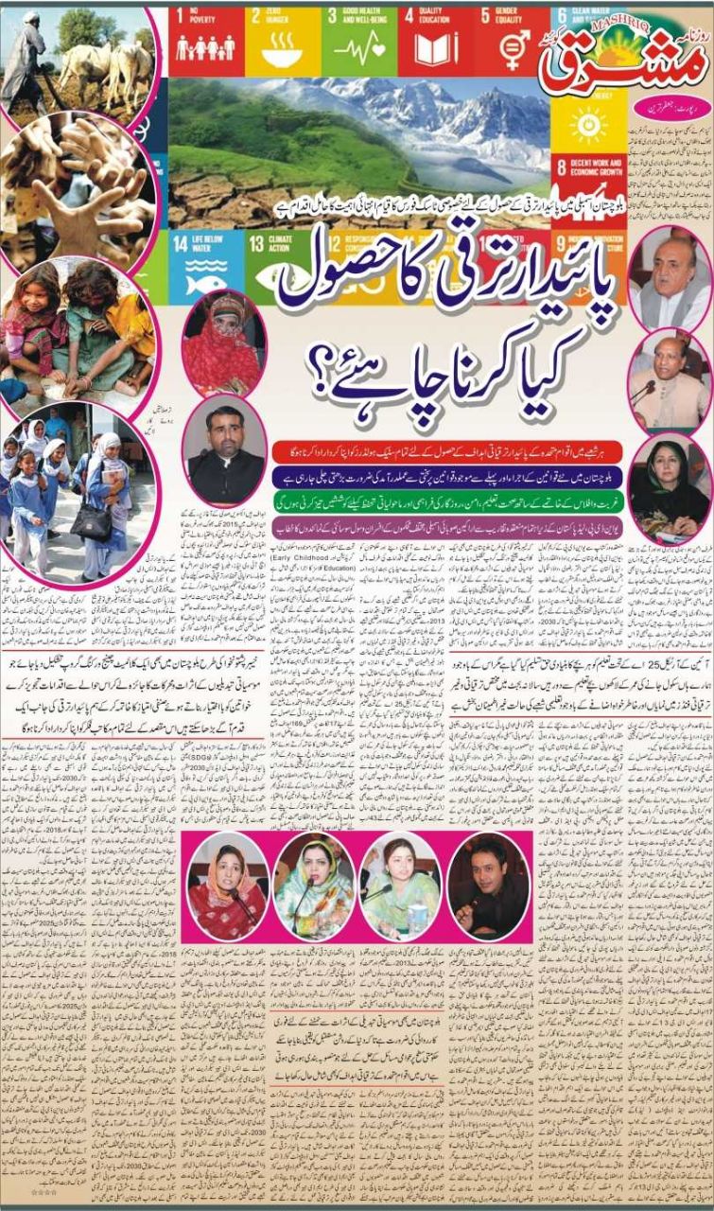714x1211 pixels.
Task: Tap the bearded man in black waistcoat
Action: pos(224,449)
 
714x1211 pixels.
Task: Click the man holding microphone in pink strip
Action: pos(488,885)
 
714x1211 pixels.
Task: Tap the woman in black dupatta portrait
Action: pos(669,486)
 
